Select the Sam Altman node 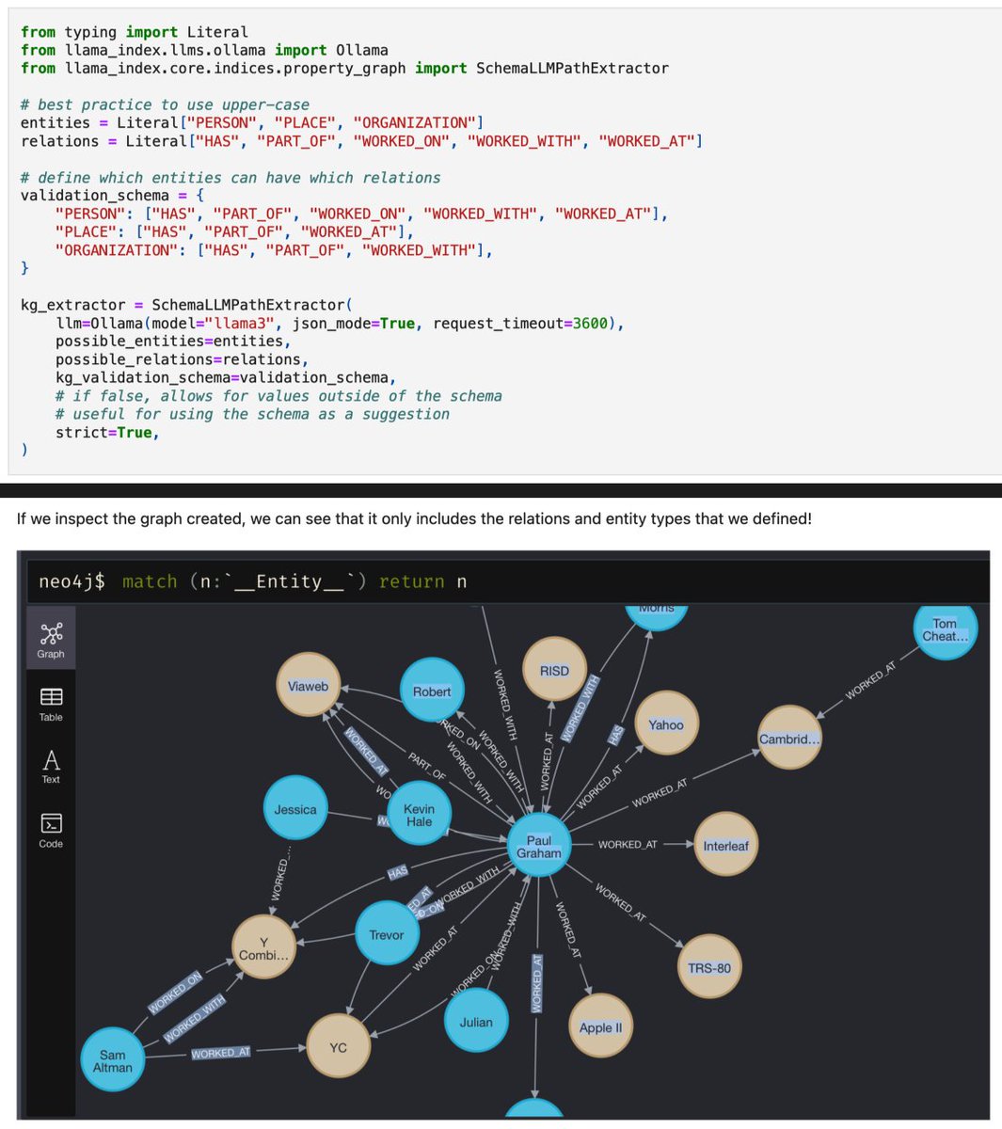113,1060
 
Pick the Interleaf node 725,846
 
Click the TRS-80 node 708,967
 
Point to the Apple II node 600,1027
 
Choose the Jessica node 295,809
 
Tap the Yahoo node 666,724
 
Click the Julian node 476,1022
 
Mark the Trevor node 386,934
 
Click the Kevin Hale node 419,815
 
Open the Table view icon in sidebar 51,703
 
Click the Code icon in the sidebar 51,830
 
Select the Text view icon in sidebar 51,766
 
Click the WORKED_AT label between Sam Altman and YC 221,1053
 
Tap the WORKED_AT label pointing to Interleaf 628,845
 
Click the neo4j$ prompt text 72,581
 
